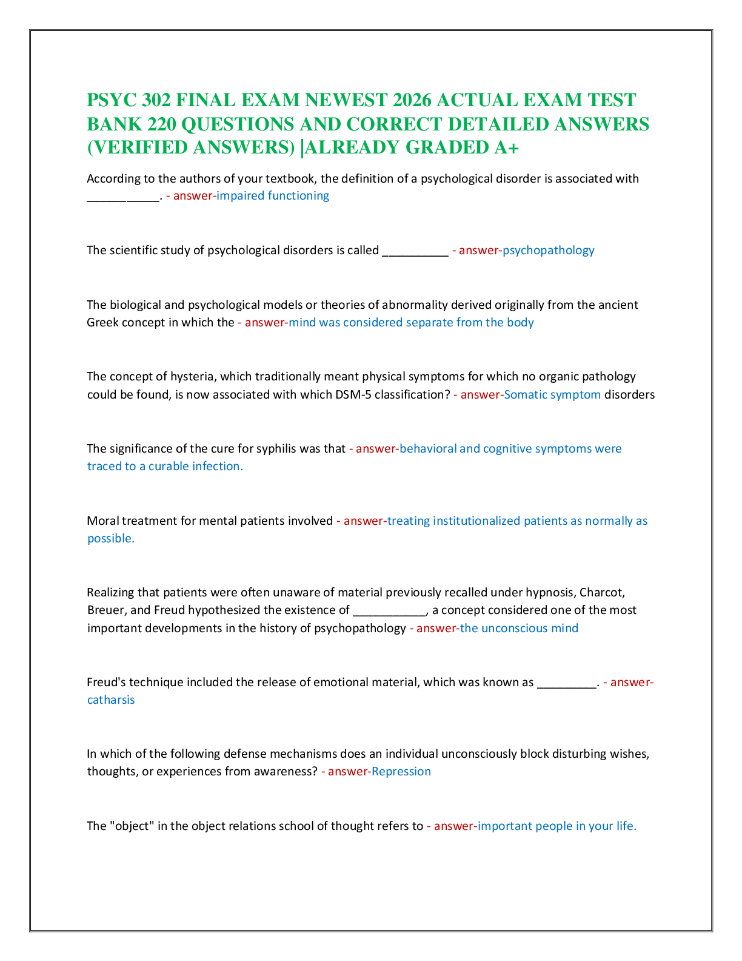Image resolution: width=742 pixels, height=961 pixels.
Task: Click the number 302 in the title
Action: (x=156, y=100)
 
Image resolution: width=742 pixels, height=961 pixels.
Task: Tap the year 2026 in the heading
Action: (x=412, y=100)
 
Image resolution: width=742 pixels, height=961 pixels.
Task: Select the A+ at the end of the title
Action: (x=506, y=147)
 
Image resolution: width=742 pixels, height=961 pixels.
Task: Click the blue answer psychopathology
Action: (x=549, y=251)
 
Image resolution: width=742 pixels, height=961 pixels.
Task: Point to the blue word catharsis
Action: (x=111, y=700)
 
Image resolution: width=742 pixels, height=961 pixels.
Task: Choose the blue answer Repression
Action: (x=401, y=772)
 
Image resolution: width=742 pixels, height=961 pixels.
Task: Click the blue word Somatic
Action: (x=527, y=394)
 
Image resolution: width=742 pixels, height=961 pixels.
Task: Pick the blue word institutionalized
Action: (x=475, y=521)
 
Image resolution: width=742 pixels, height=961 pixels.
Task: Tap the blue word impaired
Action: (x=240, y=196)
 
